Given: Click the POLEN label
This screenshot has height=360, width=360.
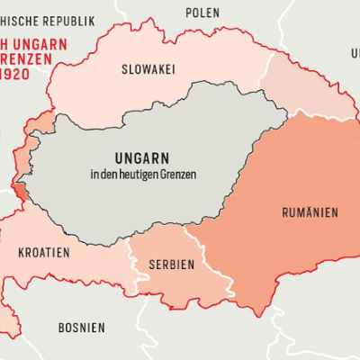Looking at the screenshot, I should click(x=202, y=13).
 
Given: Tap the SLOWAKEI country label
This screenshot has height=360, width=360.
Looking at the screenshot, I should click(x=148, y=69).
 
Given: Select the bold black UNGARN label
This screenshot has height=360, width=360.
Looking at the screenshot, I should click(x=145, y=156).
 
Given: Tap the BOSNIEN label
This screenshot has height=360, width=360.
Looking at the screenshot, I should click(x=81, y=328).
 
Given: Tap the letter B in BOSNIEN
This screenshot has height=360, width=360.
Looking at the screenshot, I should click(x=60, y=328).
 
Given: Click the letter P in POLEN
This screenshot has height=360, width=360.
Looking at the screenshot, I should click(x=188, y=13).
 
